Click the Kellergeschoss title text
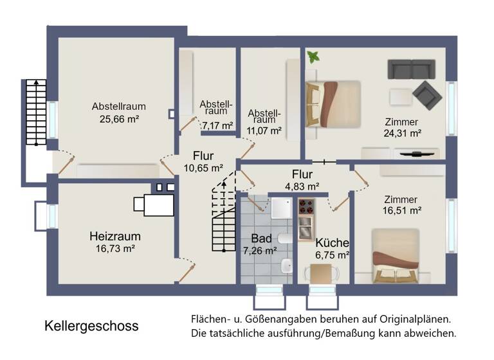click(91, 326)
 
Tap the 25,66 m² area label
click(119, 119)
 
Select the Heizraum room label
click(114, 236)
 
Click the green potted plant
click(313, 57)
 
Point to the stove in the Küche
click(306, 208)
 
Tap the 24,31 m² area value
click(402, 134)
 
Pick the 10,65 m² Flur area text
click(203, 168)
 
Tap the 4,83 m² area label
click(302, 186)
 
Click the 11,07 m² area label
click(265, 130)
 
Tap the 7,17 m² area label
click(217, 125)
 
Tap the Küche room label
click(332, 243)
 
